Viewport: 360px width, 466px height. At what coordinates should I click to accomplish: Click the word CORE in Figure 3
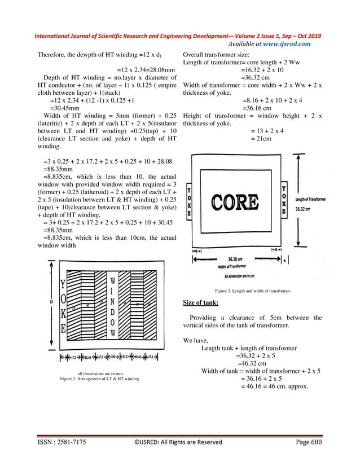pos(235,202)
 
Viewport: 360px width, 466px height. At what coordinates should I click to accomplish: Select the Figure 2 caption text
pos(99,379)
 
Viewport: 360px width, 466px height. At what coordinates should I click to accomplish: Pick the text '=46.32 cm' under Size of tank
pos(251,364)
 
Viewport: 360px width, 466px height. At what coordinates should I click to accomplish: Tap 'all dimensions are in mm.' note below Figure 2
pos(99,373)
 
